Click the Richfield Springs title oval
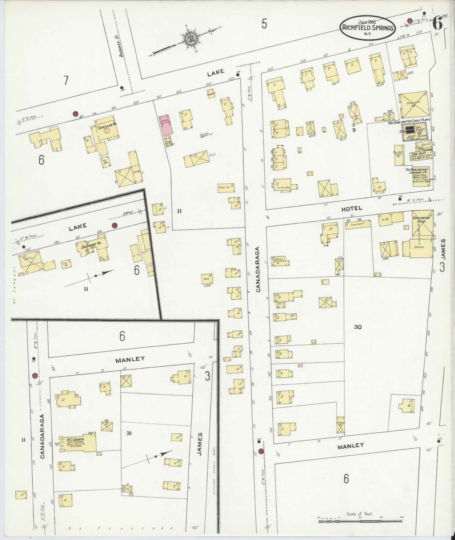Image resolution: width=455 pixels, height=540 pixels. [367, 28]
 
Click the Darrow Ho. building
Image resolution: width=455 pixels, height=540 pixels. [415, 105]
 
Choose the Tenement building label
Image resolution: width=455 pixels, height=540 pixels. [358, 224]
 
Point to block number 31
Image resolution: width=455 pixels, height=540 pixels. [129, 433]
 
